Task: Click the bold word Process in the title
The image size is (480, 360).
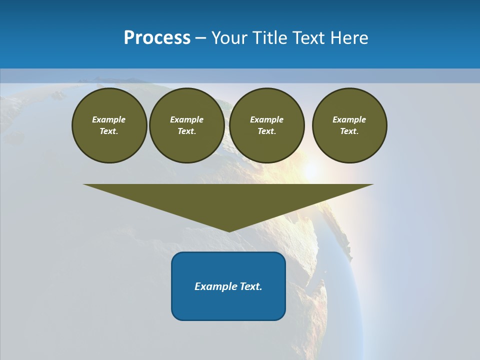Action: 157,38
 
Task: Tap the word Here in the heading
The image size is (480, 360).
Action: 347,38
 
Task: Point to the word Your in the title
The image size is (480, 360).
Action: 228,38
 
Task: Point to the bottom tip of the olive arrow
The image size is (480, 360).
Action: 228,230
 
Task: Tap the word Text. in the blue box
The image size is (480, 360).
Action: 251,286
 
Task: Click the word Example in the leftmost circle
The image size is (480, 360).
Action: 109,119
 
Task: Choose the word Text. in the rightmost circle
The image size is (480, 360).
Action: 349,131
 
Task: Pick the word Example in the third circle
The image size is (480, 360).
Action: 266,119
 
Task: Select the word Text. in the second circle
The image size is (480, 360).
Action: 186,131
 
